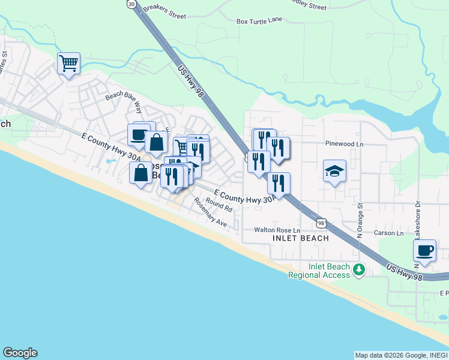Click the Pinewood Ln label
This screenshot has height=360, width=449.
pos(344,145)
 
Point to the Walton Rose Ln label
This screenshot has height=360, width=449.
pos(277,230)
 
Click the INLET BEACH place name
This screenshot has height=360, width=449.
pos(300,238)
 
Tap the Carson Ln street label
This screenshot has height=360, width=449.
pos(389,233)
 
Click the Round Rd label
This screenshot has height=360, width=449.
pos(218,204)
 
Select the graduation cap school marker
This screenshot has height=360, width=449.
pos(334,172)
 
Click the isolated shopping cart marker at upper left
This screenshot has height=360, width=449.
pos(68,62)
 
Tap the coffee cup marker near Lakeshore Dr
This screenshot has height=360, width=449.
pos(424,250)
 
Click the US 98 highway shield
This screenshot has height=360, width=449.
pos(322,223)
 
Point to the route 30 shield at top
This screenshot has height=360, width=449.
pos(131,4)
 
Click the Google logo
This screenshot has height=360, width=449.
pos(20,353)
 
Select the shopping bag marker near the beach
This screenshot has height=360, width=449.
pos(141,173)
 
